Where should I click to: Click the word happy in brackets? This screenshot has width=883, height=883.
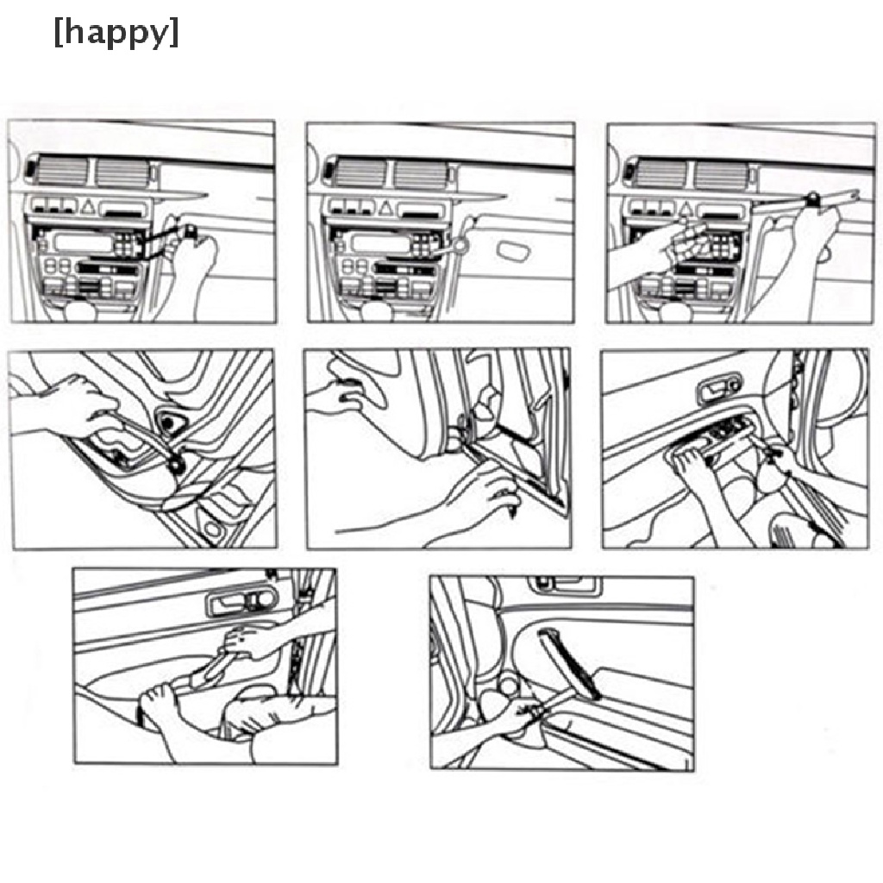click(116, 33)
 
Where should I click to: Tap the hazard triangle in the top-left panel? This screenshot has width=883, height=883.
click(87, 206)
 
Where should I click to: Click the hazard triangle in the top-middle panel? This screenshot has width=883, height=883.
click(385, 209)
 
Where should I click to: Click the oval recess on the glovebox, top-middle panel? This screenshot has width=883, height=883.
click(513, 251)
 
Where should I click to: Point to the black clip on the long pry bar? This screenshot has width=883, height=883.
click(813, 197)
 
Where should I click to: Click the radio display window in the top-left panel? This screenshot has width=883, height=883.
click(82, 242)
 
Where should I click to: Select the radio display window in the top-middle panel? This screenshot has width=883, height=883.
click(379, 243)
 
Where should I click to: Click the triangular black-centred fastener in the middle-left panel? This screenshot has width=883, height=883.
click(170, 421)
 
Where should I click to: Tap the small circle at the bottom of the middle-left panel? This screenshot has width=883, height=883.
click(212, 529)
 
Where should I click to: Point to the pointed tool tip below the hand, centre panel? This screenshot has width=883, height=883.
click(512, 510)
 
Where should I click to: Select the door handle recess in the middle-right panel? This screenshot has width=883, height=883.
click(718, 388)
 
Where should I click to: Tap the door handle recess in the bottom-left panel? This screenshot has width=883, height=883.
click(242, 600)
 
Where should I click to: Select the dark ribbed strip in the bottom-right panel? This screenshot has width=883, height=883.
click(570, 665)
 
